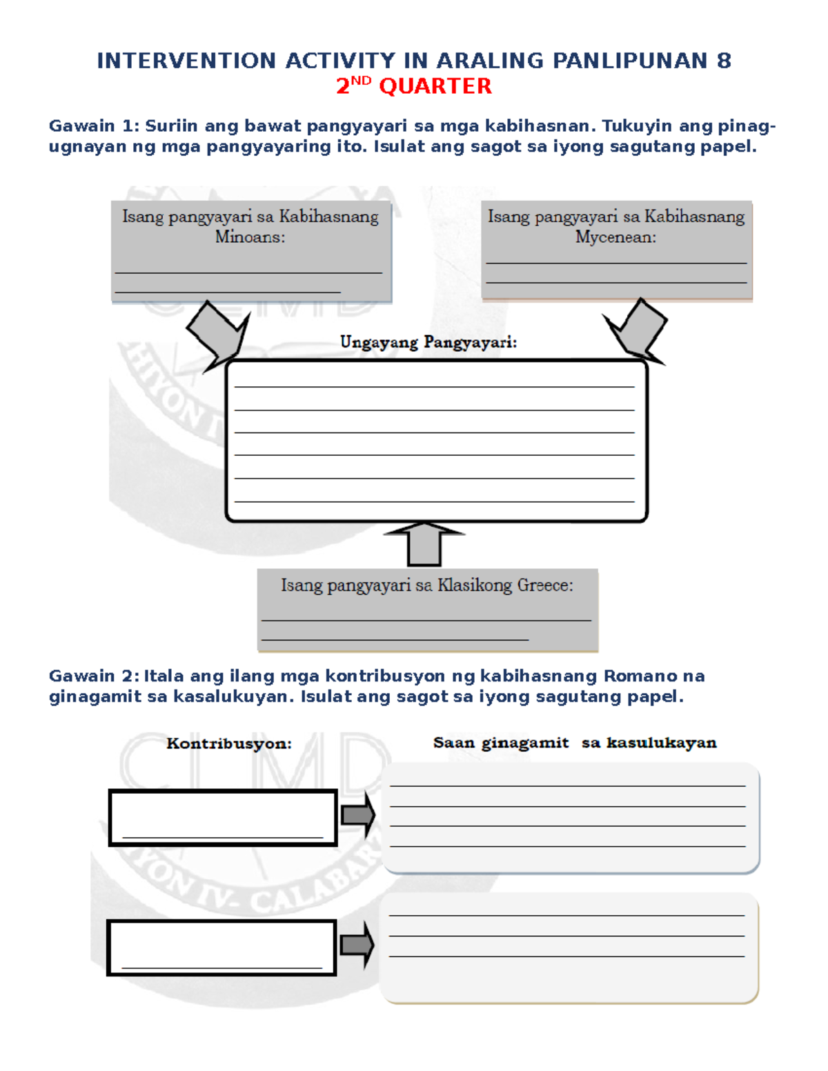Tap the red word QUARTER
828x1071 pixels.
pyautogui.click(x=435, y=86)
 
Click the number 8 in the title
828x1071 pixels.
pyautogui.click(x=724, y=61)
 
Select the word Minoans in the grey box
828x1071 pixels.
pyautogui.click(x=250, y=237)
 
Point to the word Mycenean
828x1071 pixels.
pyautogui.click(x=615, y=237)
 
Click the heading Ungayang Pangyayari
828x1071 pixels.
pyautogui.click(x=428, y=342)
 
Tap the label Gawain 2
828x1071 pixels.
pyautogui.click(x=94, y=676)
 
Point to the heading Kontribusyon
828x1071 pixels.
pyautogui.click(x=229, y=743)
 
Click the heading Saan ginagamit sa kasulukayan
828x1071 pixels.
pyautogui.click(x=575, y=743)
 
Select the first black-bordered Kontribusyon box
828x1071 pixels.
pyautogui.click(x=223, y=817)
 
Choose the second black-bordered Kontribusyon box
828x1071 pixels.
pyautogui.click(x=221, y=947)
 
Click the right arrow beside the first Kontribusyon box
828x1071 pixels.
pyautogui.click(x=357, y=816)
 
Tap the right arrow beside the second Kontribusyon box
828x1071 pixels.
pyautogui.click(x=357, y=945)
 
